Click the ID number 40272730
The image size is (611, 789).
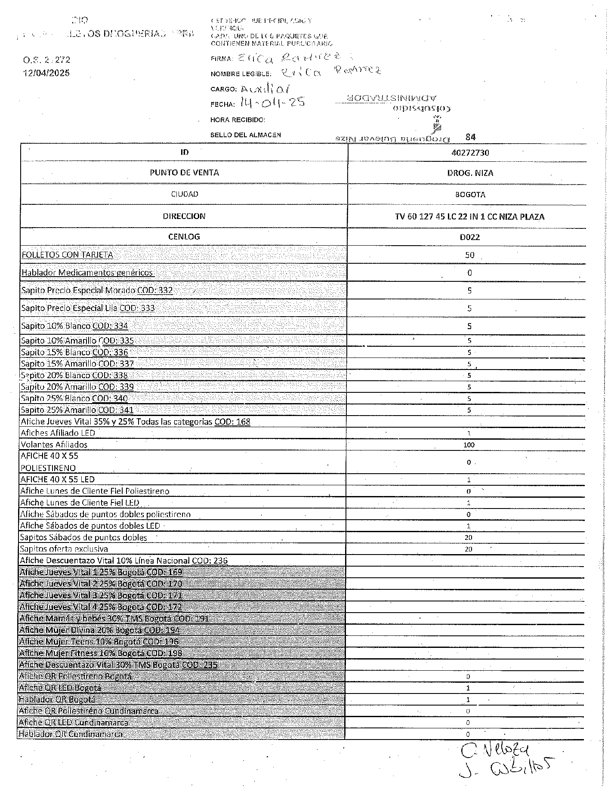point(470,153)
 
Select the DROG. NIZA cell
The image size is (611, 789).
point(470,173)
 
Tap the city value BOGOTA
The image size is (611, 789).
point(470,194)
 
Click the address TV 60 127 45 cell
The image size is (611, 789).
point(469,216)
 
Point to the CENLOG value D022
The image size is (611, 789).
point(469,237)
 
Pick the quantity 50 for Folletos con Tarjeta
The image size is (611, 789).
point(469,255)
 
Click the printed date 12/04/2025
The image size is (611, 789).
point(46,73)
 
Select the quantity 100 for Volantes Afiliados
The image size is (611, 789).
point(469,445)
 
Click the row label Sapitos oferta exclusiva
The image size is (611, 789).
point(64,549)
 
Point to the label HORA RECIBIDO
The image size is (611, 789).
point(238,120)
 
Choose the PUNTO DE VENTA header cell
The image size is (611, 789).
point(184,173)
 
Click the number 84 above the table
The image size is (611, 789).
point(470,137)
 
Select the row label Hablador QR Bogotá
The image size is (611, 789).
point(57,699)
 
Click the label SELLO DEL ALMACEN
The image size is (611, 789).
point(245,135)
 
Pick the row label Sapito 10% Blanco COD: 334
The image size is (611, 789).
point(74,326)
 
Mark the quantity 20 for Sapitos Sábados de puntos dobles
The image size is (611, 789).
point(469,537)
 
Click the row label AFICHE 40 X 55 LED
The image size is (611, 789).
point(57,479)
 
